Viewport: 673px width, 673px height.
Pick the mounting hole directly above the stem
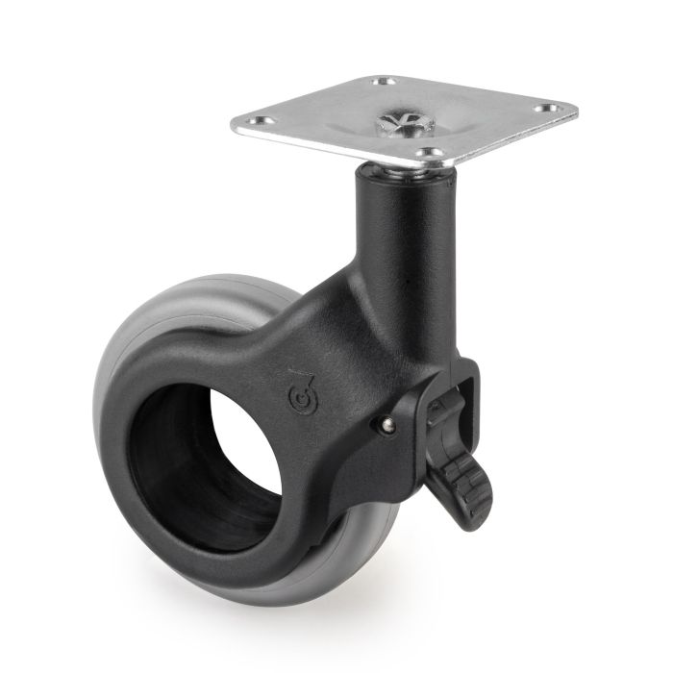click(x=433, y=153)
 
